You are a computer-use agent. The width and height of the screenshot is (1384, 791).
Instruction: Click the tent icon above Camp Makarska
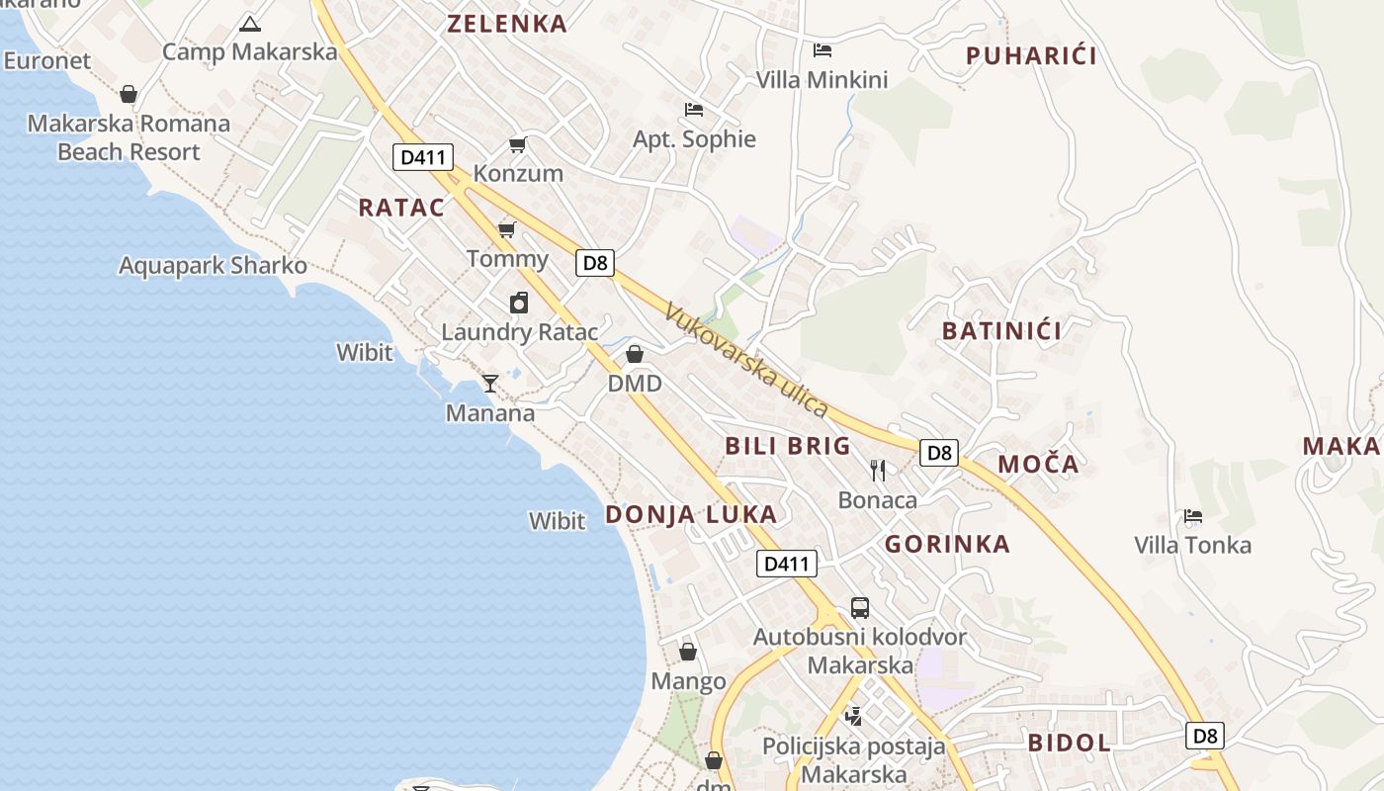coord(250,24)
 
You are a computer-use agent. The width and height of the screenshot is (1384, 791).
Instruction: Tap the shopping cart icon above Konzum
coord(517,145)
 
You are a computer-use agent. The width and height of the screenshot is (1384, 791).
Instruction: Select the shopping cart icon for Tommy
coord(507,230)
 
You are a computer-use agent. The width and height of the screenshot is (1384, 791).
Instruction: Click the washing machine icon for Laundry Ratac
coord(519,303)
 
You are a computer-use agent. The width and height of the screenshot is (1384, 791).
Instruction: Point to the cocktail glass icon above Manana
coord(489,383)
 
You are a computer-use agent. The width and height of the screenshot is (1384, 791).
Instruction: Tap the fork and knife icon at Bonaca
coord(878,470)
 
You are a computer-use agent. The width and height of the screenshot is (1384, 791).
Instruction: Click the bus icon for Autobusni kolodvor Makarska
coord(860,607)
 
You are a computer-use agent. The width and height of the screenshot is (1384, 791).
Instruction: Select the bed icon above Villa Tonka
coord(1193,516)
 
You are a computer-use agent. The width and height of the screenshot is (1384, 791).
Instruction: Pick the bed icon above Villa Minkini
coord(822,50)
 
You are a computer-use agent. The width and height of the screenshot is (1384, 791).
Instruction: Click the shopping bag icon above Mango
coord(688,652)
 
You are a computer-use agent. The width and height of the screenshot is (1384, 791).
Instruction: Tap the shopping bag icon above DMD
coord(635,354)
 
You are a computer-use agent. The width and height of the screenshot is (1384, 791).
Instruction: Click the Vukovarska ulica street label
coord(746,360)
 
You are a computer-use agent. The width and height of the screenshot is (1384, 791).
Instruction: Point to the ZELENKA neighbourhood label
coord(508,24)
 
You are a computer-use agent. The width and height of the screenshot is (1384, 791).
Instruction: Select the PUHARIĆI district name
coord(1031,55)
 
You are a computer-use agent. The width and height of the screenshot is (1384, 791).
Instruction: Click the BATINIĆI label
coord(1001,331)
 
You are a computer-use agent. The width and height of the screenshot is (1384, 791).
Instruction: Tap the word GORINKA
coord(947,544)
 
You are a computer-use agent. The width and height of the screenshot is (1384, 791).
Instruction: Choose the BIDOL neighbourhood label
coord(1069,743)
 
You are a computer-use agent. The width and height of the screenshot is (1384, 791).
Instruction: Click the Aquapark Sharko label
coord(213,266)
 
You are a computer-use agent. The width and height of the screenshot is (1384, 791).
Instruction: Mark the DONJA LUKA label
coord(691,514)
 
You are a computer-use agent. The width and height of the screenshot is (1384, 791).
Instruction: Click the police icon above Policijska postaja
coord(853,716)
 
